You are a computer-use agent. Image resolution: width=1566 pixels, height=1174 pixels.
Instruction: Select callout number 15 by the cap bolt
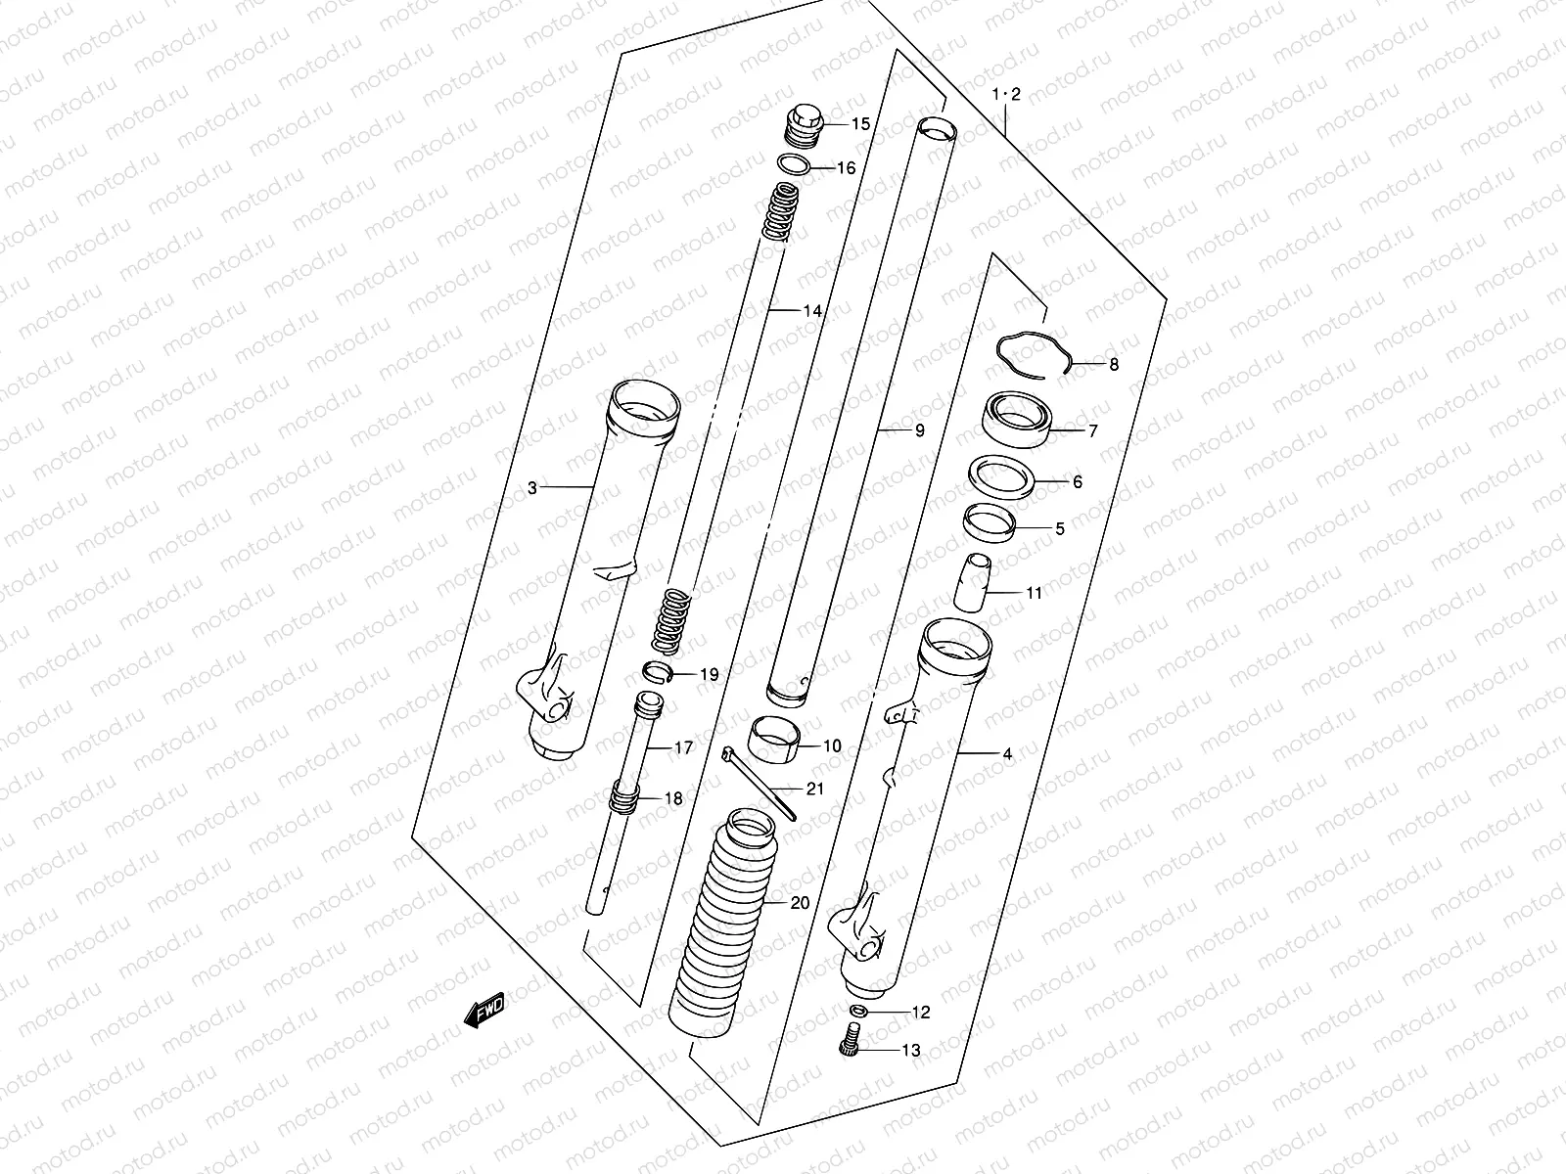(859, 124)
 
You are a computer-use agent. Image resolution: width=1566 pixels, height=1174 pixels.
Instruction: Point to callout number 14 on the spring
(812, 311)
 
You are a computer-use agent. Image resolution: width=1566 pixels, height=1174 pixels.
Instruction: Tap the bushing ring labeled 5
(990, 520)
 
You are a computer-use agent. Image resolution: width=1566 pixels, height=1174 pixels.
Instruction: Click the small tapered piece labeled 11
(973, 584)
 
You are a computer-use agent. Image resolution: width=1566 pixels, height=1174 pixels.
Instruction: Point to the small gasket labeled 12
(858, 1010)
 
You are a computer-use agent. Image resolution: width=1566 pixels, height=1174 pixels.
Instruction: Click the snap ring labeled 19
(657, 671)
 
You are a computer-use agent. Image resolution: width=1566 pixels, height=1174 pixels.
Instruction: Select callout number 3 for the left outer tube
(532, 487)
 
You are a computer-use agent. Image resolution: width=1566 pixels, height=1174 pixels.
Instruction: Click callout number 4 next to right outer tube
(1007, 754)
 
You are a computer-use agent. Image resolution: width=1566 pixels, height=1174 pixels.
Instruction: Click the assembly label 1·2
(1006, 95)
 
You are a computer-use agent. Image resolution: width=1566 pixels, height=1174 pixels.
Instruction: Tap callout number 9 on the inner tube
(918, 430)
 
